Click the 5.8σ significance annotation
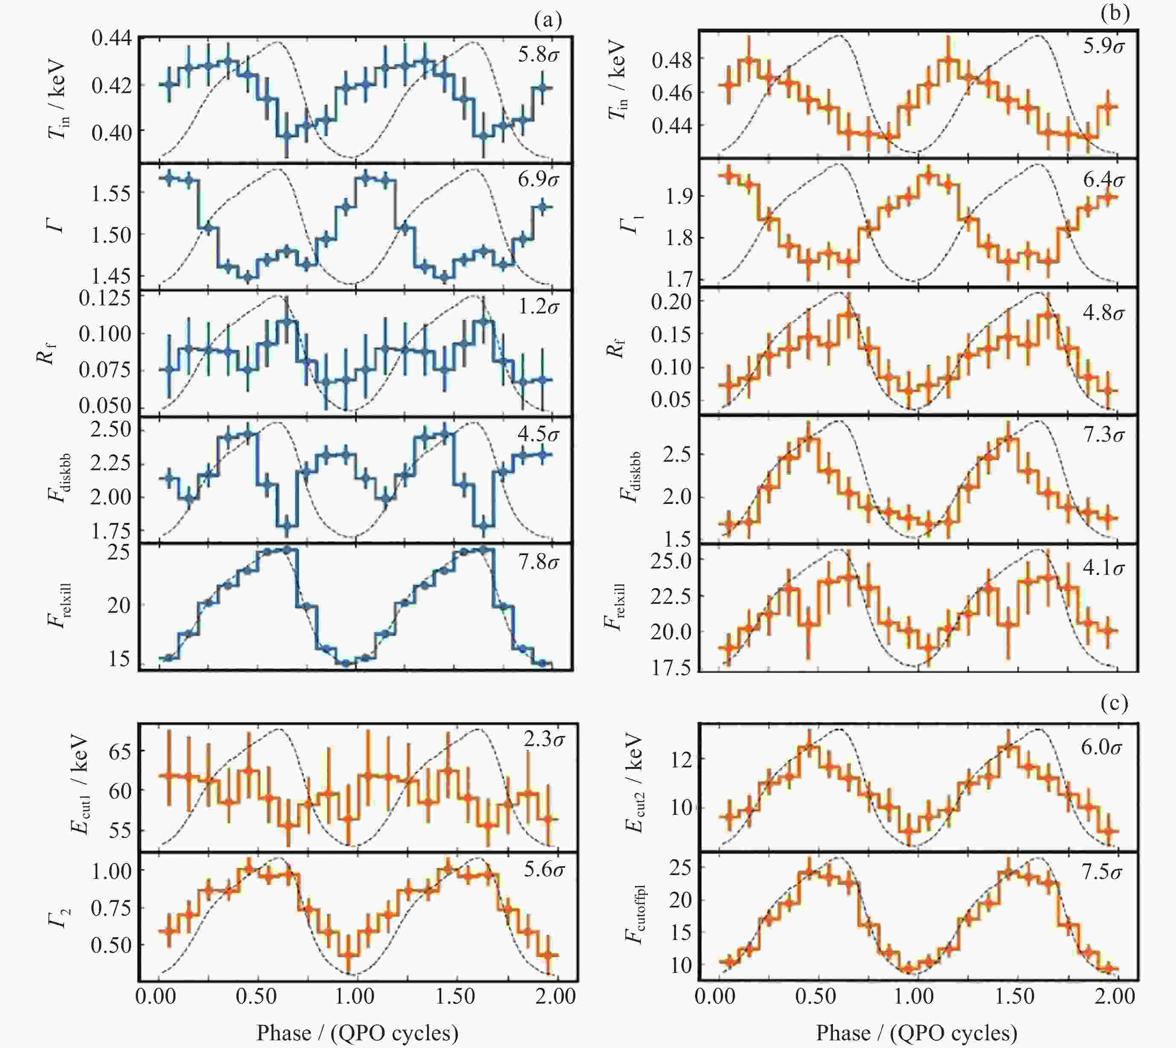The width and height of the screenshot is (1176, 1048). (538, 55)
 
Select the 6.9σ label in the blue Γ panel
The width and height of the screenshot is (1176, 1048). (538, 180)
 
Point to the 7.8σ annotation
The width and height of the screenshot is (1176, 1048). (538, 562)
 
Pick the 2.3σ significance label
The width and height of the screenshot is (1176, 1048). (544, 738)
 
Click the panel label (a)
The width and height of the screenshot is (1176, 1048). (547, 21)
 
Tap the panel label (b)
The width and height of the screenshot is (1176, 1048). (1115, 13)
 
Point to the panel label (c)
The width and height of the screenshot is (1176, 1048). (1115, 703)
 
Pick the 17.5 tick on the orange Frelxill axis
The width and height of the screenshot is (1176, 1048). (670, 667)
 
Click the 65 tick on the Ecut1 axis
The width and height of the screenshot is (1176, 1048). (119, 752)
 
